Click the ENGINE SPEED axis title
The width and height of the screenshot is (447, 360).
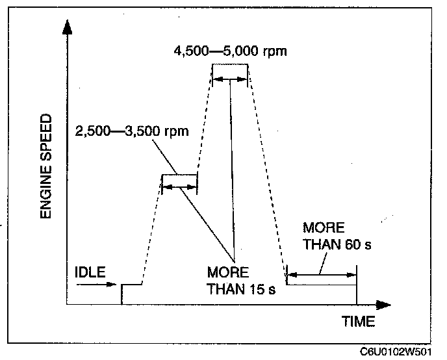click(x=45, y=167)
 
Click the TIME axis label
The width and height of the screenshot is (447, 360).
click(x=359, y=322)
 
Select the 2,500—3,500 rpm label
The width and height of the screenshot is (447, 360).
click(x=132, y=131)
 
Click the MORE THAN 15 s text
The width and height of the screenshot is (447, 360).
click(x=241, y=281)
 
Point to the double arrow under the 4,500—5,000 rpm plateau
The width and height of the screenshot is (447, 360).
click(x=230, y=79)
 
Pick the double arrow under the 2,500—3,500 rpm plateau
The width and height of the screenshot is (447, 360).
click(x=179, y=187)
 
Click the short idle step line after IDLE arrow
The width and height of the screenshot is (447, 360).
click(x=132, y=285)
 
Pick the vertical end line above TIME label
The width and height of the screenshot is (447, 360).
click(x=357, y=286)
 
